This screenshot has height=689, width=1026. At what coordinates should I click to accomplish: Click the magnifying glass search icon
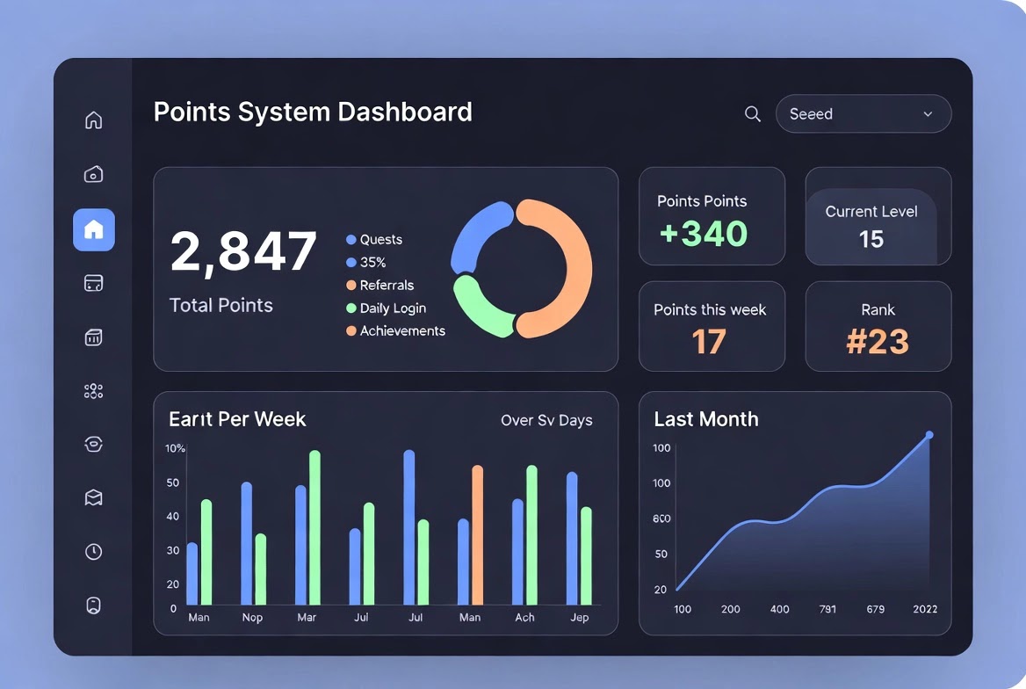(x=753, y=114)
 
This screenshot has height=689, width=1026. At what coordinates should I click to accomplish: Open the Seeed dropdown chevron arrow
(x=928, y=114)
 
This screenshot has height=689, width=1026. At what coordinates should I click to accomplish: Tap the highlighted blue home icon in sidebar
(x=94, y=230)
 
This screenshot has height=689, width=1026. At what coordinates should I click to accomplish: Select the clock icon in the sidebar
(x=94, y=551)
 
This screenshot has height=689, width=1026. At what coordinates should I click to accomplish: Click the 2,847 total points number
(x=243, y=250)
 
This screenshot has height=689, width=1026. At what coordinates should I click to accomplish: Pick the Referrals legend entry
(x=380, y=285)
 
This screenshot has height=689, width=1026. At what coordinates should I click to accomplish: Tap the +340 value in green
(x=704, y=234)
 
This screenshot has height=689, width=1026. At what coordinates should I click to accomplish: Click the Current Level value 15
(x=871, y=239)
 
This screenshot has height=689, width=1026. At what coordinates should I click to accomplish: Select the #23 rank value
(x=878, y=341)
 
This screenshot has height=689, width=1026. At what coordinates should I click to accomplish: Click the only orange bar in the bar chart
(x=478, y=535)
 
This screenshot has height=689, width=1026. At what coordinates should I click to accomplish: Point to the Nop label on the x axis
(x=252, y=617)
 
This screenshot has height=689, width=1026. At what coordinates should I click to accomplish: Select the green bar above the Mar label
(x=314, y=527)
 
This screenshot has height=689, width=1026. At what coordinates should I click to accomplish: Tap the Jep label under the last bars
(x=579, y=617)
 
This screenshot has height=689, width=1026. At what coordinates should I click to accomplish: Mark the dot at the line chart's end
(x=929, y=435)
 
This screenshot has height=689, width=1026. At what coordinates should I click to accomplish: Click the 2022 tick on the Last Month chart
(x=925, y=609)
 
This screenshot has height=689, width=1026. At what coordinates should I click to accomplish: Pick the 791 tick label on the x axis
(x=827, y=609)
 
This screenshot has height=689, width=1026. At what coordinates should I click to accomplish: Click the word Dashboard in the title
(x=405, y=112)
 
